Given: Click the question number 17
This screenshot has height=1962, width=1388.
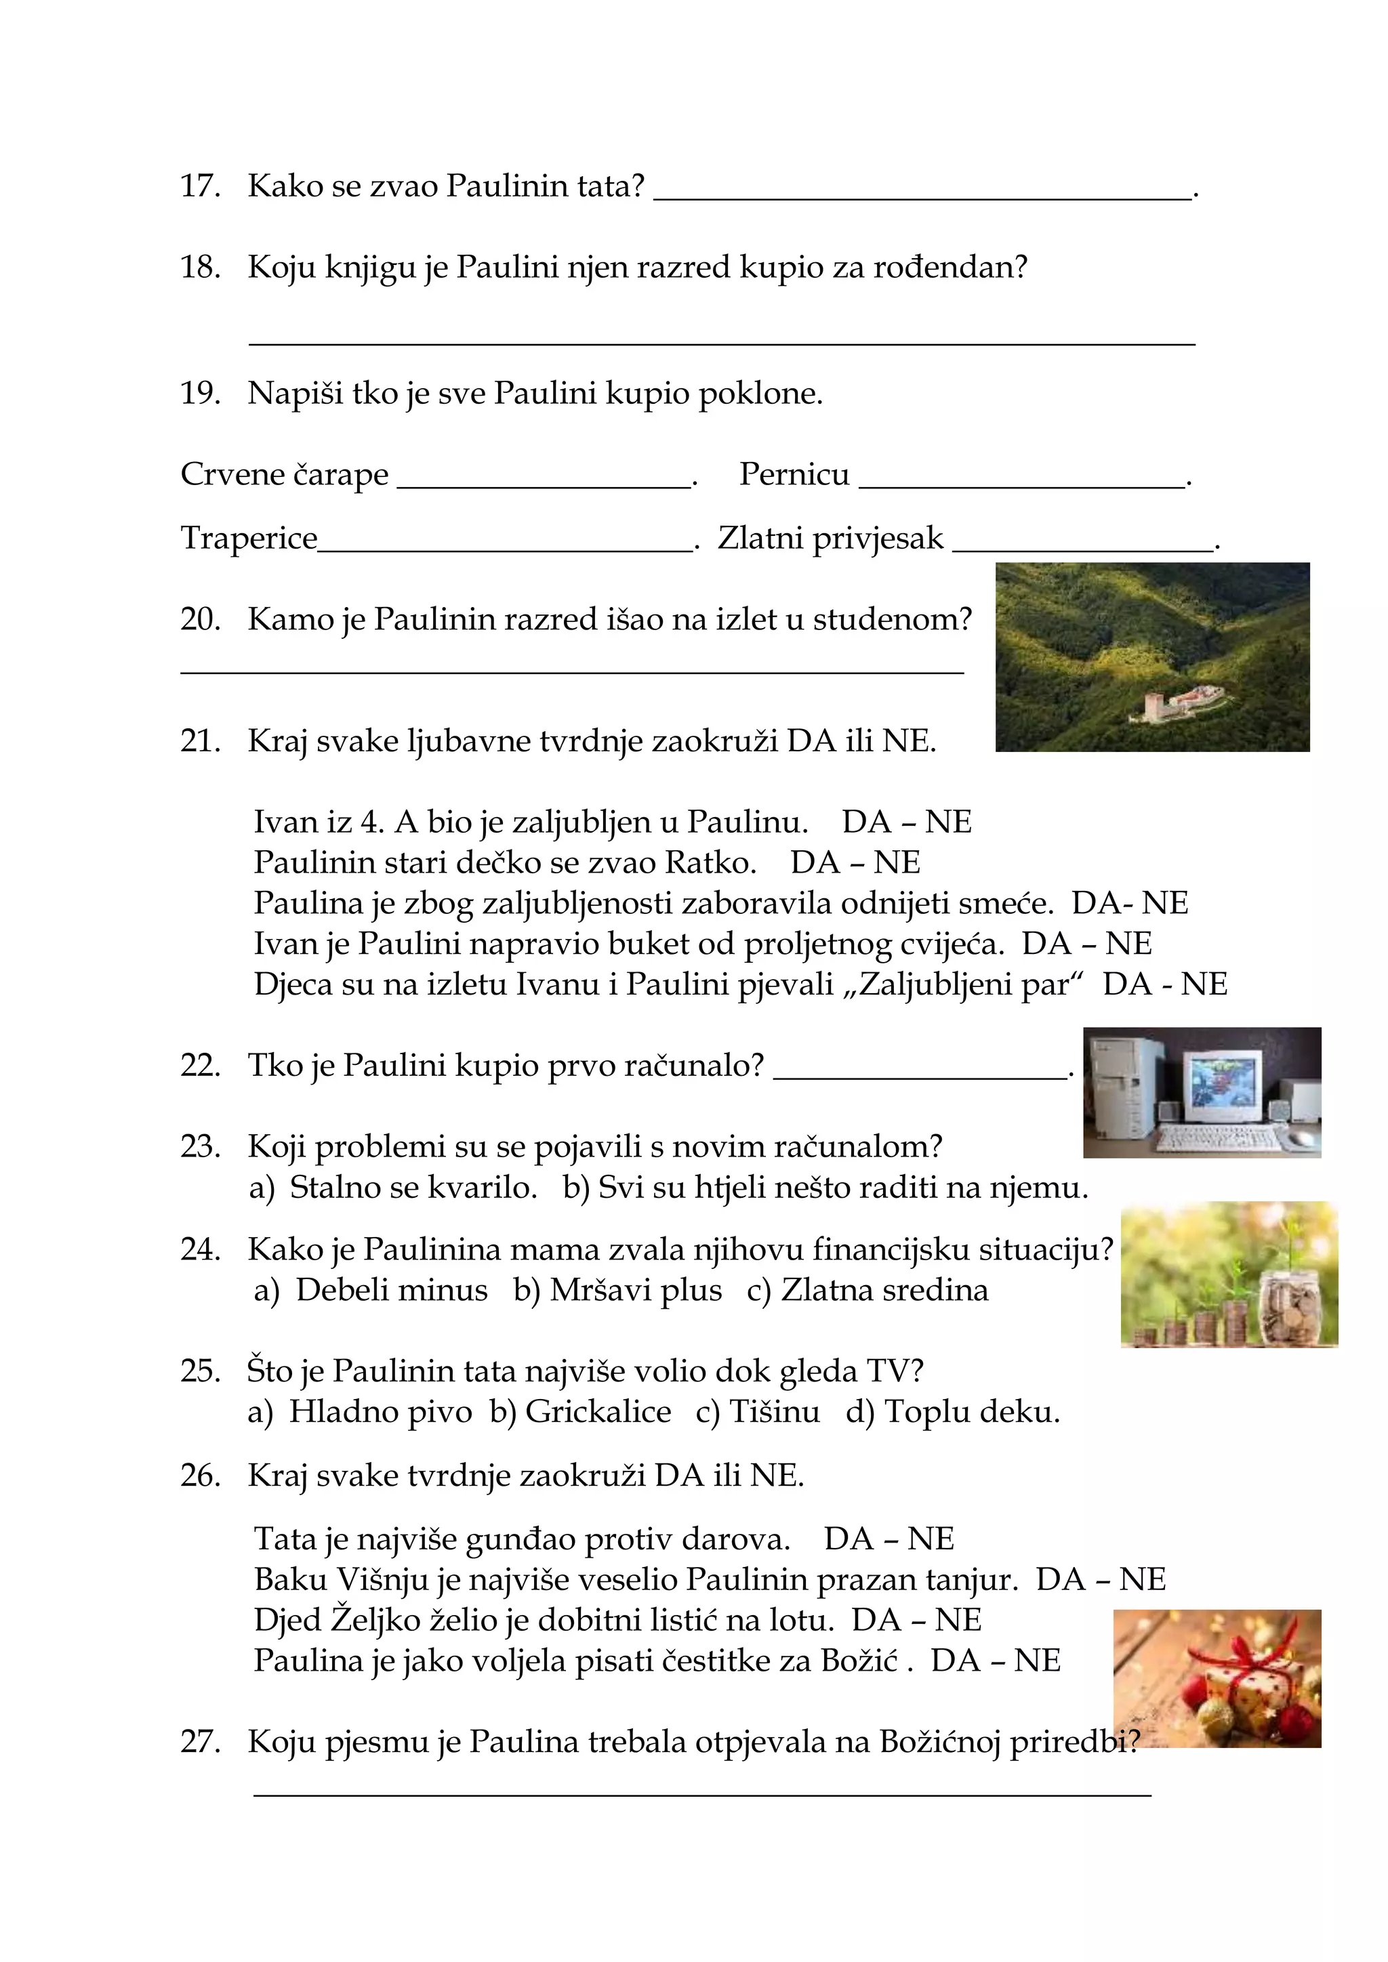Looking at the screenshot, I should [199, 186].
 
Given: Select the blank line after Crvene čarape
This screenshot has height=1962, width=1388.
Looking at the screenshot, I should [544, 487].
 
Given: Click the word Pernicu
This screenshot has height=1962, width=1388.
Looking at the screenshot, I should [794, 474].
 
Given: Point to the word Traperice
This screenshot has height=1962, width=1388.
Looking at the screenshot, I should [249, 539].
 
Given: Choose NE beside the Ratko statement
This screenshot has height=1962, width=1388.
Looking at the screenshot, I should [897, 862].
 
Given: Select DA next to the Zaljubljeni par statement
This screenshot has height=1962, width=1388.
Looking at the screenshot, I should [1126, 984].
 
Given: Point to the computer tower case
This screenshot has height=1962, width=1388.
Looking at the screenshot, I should [1116, 1085].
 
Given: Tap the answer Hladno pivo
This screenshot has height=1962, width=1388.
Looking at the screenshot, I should [380, 1412].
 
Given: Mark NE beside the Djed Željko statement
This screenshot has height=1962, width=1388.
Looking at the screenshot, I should [958, 1619].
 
